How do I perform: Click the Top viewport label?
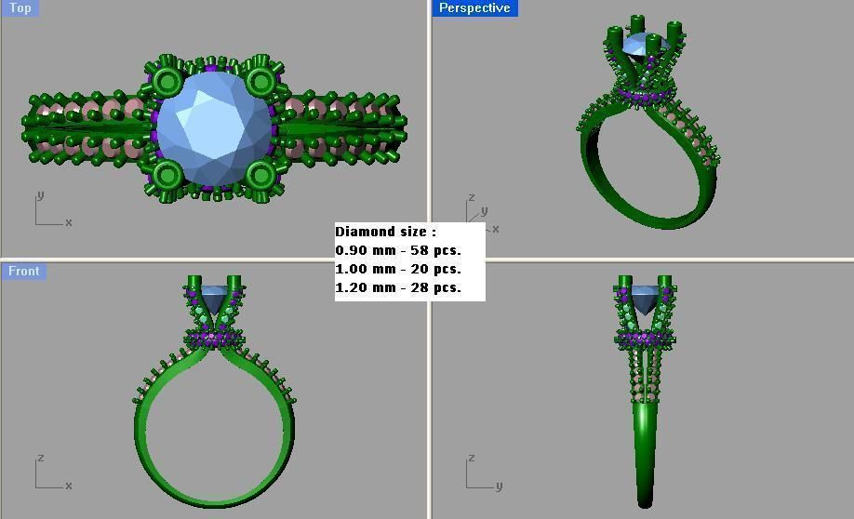pyautogui.click(x=20, y=7)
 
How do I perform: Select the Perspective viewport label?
pyautogui.click(x=474, y=7)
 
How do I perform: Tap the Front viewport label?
pyautogui.click(x=23, y=271)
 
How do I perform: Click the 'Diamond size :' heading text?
pyautogui.click(x=385, y=232)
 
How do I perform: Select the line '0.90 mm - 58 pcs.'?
pyautogui.click(x=398, y=250)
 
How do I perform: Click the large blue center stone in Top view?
pyautogui.click(x=213, y=127)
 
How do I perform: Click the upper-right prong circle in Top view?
pyautogui.click(x=260, y=82)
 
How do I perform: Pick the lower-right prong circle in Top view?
pyautogui.click(x=260, y=174)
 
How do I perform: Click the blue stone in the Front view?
pyautogui.click(x=213, y=299)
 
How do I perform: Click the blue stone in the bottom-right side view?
pyautogui.click(x=645, y=299)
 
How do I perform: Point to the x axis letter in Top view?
pyautogui.click(x=69, y=222)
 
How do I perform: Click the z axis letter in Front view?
pyautogui.click(x=40, y=459)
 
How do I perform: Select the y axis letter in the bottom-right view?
pyautogui.click(x=499, y=486)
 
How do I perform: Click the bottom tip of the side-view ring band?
pyautogui.click(x=645, y=502)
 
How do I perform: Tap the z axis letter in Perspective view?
pyautogui.click(x=472, y=197)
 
